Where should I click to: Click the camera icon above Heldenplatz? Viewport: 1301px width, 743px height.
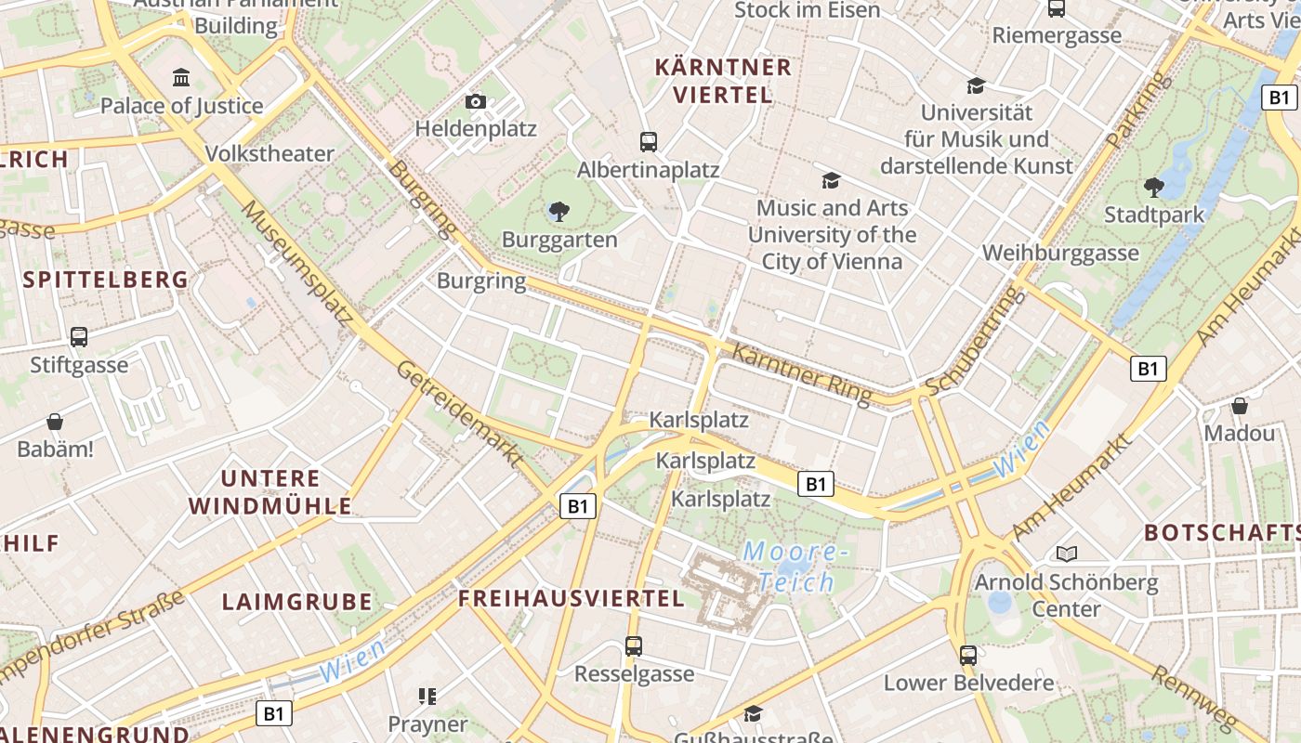click(476, 101)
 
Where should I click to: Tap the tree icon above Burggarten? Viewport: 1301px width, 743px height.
click(559, 212)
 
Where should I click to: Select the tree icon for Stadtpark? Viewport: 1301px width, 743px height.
click(1154, 188)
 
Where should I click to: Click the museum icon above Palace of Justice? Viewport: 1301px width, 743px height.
click(181, 77)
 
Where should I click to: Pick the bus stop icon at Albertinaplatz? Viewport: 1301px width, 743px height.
click(649, 142)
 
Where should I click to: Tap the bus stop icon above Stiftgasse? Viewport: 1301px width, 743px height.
click(79, 337)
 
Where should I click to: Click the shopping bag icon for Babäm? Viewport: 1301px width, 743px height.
click(55, 422)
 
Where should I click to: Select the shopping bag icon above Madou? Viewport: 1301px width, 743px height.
click(1239, 406)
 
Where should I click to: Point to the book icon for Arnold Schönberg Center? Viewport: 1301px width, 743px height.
click(1066, 554)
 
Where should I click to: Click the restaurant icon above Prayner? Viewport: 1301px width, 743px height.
click(427, 696)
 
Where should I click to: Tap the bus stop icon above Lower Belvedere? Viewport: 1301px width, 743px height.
click(968, 655)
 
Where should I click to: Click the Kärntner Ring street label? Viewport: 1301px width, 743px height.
click(802, 374)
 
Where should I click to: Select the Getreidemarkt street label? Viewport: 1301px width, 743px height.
click(459, 413)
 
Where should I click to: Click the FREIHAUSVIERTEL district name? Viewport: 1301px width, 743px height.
click(572, 599)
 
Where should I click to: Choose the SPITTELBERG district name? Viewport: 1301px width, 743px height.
click(105, 280)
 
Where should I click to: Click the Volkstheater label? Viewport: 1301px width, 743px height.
click(269, 154)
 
